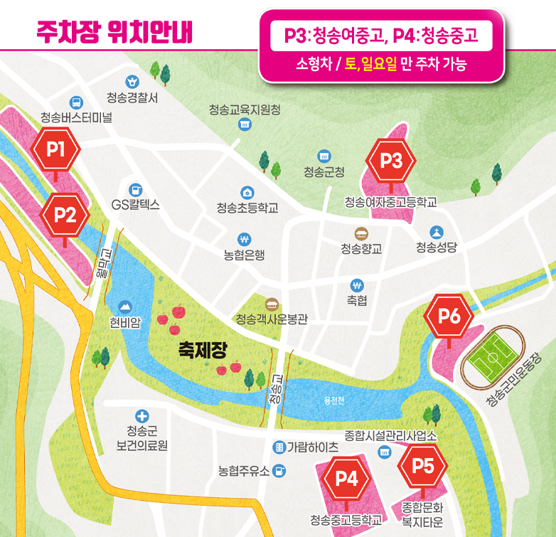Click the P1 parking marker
point(56,150)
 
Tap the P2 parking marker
point(65,214)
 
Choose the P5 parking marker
point(423,466)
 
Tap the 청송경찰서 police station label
point(132,97)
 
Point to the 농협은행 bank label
point(244,255)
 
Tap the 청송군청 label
point(324,171)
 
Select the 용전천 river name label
point(331,401)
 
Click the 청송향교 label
point(361,248)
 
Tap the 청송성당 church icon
point(437,232)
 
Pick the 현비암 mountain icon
point(125,306)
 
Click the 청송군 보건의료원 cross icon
point(141,415)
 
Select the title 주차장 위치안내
point(114,31)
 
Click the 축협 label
point(357,301)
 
